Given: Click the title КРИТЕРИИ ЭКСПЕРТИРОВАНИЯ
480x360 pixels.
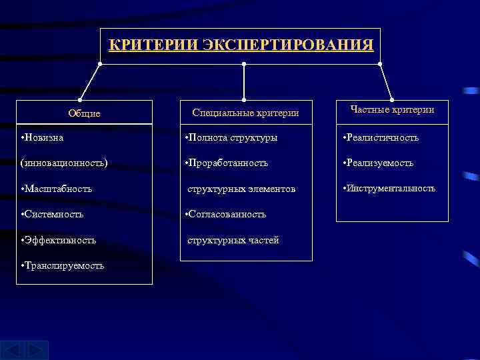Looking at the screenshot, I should click(x=241, y=45).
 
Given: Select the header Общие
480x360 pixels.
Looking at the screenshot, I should click(x=85, y=113).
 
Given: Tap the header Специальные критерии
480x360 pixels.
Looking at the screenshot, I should click(x=245, y=113).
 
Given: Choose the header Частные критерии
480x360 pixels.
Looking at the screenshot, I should click(x=392, y=109).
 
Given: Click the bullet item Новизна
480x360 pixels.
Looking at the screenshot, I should click(x=43, y=137).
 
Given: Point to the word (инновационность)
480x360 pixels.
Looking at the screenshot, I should click(x=65, y=163).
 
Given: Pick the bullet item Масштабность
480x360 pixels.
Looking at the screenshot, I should click(x=57, y=189).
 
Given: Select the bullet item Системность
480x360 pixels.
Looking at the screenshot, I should click(x=53, y=214).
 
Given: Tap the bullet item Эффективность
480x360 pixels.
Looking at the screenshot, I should click(x=59, y=239).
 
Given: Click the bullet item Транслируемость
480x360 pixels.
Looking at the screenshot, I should click(x=63, y=265).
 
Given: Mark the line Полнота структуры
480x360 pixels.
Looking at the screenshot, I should click(x=231, y=137).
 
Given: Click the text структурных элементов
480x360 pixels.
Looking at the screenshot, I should click(x=241, y=189).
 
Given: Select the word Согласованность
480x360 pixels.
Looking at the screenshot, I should click(x=227, y=214).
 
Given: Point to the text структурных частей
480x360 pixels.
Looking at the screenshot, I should click(x=233, y=239).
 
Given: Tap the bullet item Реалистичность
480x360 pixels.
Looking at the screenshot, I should click(x=381, y=137).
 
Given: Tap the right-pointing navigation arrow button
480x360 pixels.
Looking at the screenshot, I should click(x=38, y=350).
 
